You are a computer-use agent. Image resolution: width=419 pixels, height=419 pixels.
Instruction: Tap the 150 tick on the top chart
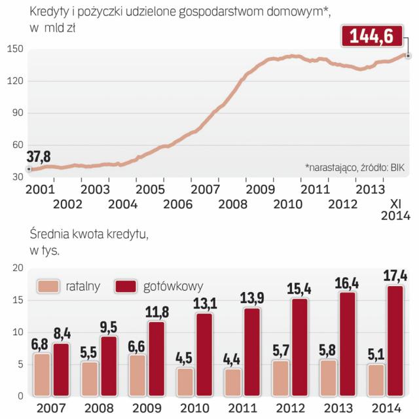pyautogui.click(x=15, y=49)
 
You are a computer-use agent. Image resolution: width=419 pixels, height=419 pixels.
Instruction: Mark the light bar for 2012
pyautogui.click(x=280, y=378)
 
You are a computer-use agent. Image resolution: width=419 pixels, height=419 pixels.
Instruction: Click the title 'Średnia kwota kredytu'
pyautogui.click(x=88, y=235)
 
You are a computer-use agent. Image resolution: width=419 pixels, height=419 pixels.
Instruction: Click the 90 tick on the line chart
pyautogui.click(x=15, y=113)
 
